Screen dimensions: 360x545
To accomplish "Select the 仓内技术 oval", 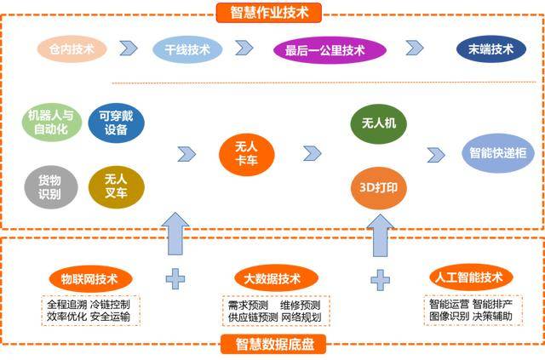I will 70,49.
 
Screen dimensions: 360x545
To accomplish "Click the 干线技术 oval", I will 186,49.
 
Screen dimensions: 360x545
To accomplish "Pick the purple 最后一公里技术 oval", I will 325,49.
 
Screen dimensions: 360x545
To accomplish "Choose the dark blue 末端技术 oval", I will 490,49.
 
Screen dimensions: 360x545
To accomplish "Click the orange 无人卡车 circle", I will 246,153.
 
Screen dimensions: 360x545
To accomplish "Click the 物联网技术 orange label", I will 90,278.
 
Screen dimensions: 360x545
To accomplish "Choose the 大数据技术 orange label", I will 273,278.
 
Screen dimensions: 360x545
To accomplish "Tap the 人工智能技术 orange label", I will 468,277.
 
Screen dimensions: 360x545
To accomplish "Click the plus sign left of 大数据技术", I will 175,278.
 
